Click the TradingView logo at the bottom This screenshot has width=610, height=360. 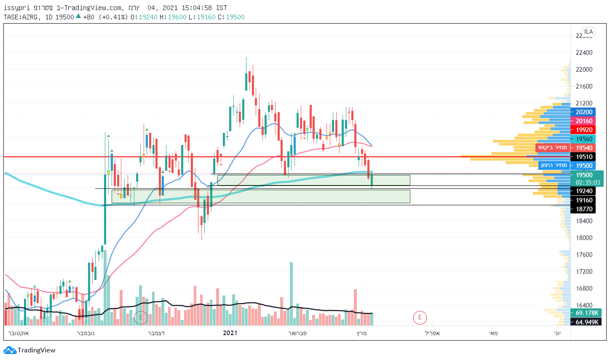tap(29, 350)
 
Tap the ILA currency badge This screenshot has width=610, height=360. tap(588, 32)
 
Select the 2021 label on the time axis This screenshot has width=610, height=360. tap(230, 333)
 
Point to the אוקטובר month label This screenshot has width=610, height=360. tap(18, 333)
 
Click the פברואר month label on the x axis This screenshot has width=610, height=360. tap(297, 333)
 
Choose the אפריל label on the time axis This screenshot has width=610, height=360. tap(432, 333)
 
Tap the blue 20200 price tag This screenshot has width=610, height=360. tap(584, 112)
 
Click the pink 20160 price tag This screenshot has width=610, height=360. tap(584, 121)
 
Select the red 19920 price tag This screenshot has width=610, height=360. tap(584, 130)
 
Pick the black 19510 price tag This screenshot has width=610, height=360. tap(584, 157)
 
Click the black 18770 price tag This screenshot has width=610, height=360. tap(584, 209)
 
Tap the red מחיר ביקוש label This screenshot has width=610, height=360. tap(552, 148)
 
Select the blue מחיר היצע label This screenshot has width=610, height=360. tap(554, 165)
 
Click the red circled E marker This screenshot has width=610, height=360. tap(420, 317)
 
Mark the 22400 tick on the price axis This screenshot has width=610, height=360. tap(584, 53)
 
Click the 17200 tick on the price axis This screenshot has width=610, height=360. tap(584, 271)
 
